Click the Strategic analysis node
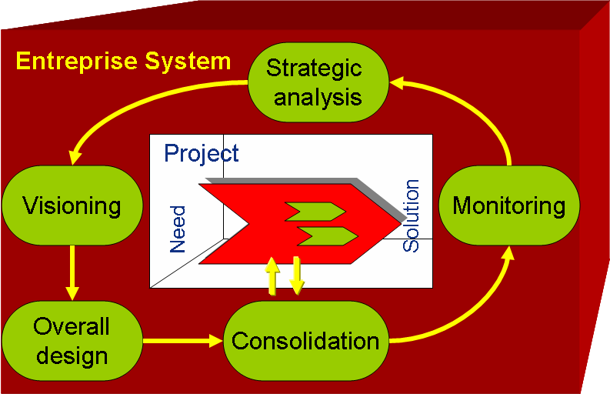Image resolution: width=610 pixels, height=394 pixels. [318, 82]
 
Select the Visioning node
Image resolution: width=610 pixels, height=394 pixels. [72, 205]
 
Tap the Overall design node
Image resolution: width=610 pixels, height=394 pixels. [72, 341]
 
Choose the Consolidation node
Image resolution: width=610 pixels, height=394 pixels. [305, 340]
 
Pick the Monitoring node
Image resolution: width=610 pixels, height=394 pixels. [508, 205]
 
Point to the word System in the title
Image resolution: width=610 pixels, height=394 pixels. [188, 61]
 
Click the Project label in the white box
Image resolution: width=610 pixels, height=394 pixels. [202, 153]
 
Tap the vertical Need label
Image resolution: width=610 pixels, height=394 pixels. [178, 229]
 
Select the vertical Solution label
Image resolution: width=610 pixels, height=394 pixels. [412, 215]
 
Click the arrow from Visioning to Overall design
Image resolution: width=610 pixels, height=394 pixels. [72, 273]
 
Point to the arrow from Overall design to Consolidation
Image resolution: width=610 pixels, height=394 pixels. [182, 340]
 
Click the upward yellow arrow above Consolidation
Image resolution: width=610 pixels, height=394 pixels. [272, 276]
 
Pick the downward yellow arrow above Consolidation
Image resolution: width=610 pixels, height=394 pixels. [296, 276]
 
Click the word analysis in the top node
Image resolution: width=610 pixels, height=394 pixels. [318, 98]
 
